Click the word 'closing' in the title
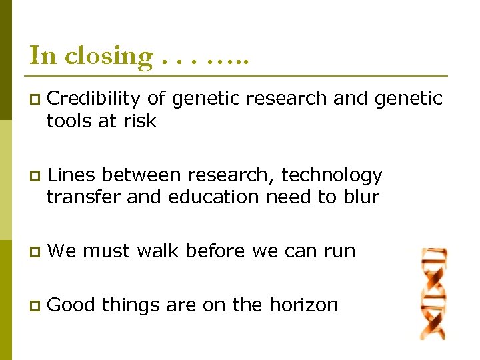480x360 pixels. (x=109, y=56)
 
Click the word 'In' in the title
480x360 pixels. (x=43, y=55)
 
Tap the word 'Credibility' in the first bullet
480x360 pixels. (x=94, y=99)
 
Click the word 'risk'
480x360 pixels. (x=138, y=121)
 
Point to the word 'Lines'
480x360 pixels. (x=71, y=175)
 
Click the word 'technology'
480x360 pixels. (x=331, y=175)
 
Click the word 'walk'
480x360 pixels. (x=158, y=251)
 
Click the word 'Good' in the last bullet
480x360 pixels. (x=73, y=305)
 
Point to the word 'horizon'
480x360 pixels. (x=303, y=305)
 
